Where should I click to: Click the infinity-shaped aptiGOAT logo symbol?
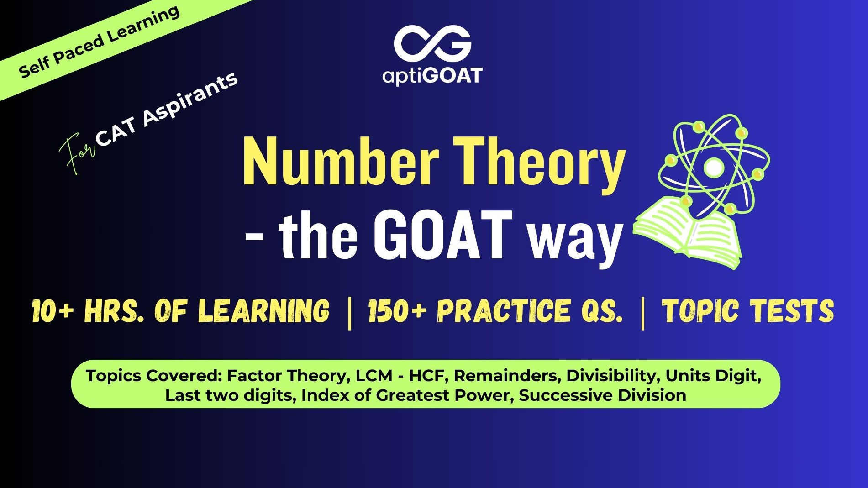click(x=432, y=44)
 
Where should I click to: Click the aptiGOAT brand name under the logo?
click(x=432, y=76)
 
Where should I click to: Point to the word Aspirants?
click(x=190, y=99)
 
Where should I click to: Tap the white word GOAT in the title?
click(x=442, y=235)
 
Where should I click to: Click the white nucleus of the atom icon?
click(x=714, y=168)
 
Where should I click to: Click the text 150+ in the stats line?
click(x=397, y=311)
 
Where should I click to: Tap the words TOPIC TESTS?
click(x=748, y=311)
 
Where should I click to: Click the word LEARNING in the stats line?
click(x=264, y=311)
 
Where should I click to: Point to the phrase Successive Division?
click(x=603, y=395)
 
